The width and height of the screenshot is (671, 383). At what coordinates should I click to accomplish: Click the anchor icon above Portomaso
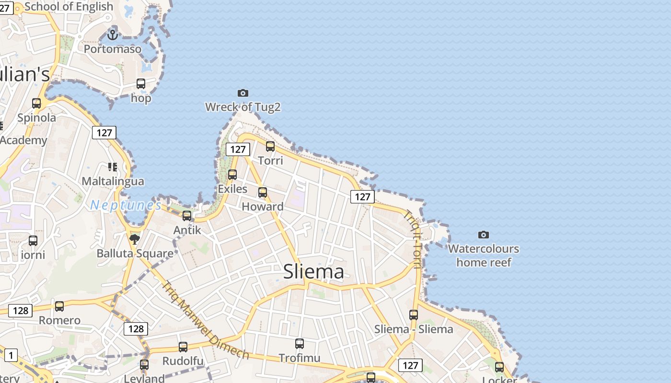pyautogui.click(x=113, y=34)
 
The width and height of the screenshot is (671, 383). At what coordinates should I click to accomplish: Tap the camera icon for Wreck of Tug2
pyautogui.click(x=243, y=93)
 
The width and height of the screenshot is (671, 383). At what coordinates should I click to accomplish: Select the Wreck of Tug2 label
pyautogui.click(x=243, y=107)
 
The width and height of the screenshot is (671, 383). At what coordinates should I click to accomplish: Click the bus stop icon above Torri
pyautogui.click(x=270, y=146)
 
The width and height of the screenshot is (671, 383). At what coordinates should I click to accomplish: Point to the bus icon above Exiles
pyautogui.click(x=232, y=175)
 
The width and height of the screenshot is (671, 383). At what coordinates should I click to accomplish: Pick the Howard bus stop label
pyautogui.click(x=263, y=207)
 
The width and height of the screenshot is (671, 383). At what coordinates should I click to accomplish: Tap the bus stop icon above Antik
pyautogui.click(x=187, y=216)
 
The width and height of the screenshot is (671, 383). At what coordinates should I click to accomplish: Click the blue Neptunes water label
pyautogui.click(x=126, y=205)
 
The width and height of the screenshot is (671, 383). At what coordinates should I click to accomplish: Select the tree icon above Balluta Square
pyautogui.click(x=135, y=238)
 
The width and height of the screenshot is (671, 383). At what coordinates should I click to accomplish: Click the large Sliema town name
pyautogui.click(x=313, y=271)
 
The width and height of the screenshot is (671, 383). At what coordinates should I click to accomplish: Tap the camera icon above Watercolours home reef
pyautogui.click(x=484, y=235)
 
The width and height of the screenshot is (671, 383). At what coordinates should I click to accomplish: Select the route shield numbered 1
pyautogui.click(x=11, y=355)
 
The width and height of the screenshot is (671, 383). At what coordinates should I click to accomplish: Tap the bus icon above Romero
pyautogui.click(x=59, y=306)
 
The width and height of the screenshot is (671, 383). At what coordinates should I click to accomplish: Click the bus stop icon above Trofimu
pyautogui.click(x=300, y=343)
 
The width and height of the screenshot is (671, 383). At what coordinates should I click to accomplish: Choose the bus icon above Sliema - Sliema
pyautogui.click(x=414, y=315)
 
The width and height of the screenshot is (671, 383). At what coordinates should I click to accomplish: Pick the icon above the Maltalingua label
pyautogui.click(x=113, y=167)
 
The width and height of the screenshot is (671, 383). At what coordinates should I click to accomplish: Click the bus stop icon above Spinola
pyautogui.click(x=36, y=103)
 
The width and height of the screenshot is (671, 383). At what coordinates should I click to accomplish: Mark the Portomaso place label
pyautogui.click(x=113, y=49)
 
